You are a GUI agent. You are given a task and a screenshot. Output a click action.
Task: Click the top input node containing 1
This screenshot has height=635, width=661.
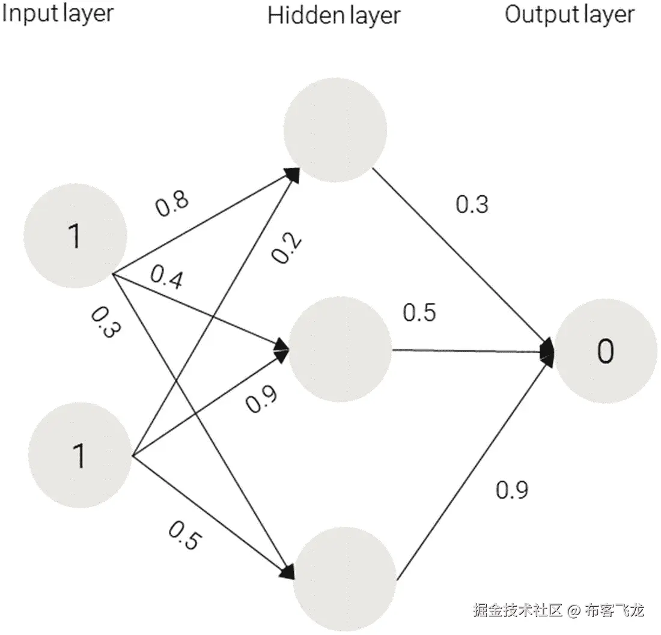point(75,235)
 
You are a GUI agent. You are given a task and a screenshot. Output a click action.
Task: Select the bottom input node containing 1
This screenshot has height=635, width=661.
point(79,455)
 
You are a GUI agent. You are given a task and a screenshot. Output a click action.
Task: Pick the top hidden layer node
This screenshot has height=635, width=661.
point(335,130)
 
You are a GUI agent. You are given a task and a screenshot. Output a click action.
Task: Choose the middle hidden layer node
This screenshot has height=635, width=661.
point(340,348)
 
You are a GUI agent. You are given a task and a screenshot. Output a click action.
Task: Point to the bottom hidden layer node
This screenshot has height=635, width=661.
point(346,578)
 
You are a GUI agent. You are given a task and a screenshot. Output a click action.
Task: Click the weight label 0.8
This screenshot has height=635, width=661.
point(172,204)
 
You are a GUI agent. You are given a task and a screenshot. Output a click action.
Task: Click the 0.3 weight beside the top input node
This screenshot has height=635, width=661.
point(103,323)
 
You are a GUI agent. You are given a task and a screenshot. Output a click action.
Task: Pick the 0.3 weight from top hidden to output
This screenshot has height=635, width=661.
point(472,205)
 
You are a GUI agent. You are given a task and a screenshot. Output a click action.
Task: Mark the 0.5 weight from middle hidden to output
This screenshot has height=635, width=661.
point(419,313)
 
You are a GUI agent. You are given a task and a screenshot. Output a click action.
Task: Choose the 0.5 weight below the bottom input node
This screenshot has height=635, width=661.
point(183,536)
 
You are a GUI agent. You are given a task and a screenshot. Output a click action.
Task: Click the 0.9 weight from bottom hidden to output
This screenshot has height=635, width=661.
point(512,490)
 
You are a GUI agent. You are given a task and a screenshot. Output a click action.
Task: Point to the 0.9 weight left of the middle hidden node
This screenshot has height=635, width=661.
point(261,400)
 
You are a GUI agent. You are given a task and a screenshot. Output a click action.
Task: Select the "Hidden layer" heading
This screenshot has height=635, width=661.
point(334,16)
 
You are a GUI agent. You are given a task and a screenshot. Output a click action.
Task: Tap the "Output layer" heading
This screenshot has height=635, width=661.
point(569,14)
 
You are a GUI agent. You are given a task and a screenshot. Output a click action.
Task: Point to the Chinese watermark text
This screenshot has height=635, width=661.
point(558,611)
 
